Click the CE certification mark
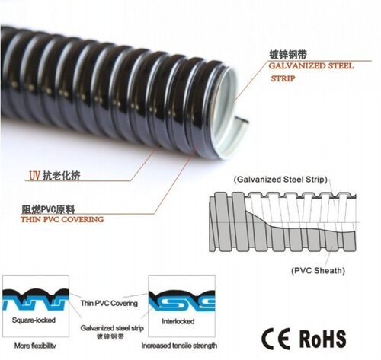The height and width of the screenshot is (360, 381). click(276, 339)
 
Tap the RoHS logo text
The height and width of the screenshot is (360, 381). click(322, 339)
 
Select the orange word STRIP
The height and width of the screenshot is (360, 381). click(283, 78)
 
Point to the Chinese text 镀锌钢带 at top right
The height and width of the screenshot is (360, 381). click(288, 55)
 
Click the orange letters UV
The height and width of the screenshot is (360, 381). click(34, 176)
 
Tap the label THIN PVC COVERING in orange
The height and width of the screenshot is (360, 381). click(62, 219)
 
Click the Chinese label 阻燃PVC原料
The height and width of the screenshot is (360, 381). click(48, 209)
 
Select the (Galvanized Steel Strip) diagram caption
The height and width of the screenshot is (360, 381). click(280, 180)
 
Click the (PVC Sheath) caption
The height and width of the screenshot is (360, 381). click(318, 270)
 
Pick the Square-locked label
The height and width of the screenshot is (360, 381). click(34, 320)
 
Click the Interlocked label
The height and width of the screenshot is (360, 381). click(178, 321)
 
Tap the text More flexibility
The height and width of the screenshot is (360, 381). click(35, 346)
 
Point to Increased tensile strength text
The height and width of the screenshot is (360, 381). click(179, 346)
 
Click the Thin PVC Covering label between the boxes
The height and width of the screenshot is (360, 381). click(109, 303)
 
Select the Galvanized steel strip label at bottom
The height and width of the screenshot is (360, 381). click(112, 328)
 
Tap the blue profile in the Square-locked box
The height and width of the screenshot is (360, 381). click(36, 304)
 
